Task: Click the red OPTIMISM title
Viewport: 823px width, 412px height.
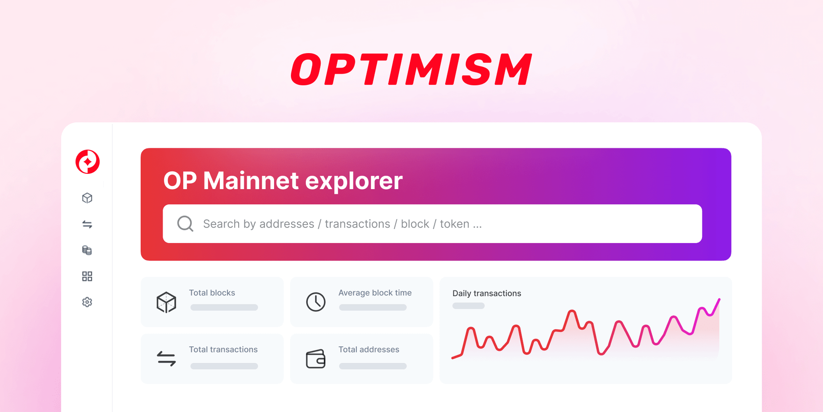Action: pos(411,69)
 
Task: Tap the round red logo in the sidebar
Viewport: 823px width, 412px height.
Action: pos(88,162)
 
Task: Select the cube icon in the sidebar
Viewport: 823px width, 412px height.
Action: pos(87,198)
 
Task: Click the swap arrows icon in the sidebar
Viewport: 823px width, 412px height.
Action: pos(87,225)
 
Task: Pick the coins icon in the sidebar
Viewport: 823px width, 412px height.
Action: pos(87,250)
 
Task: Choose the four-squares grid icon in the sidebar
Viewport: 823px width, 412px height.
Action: pos(87,276)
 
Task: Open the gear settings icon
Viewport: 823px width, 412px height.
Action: pos(87,302)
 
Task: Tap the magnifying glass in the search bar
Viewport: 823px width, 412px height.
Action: pos(185,224)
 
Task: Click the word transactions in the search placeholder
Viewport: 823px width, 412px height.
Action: pos(357,224)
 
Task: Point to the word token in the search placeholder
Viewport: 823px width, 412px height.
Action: pos(454,224)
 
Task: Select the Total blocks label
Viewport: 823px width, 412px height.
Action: pos(212,293)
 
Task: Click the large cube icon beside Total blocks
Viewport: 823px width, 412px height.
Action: pos(166,302)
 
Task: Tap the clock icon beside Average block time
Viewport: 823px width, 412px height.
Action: pos(316,302)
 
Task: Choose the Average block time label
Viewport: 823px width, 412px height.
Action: pos(375,293)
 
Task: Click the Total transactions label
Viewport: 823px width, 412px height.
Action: pos(223,349)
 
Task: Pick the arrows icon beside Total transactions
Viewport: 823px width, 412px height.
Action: pos(166,358)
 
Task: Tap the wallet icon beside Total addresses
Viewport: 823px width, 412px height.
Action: pos(316,359)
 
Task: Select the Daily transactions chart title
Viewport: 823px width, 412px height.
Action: pos(487,293)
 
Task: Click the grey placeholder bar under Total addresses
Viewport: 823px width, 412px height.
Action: pos(373,366)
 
